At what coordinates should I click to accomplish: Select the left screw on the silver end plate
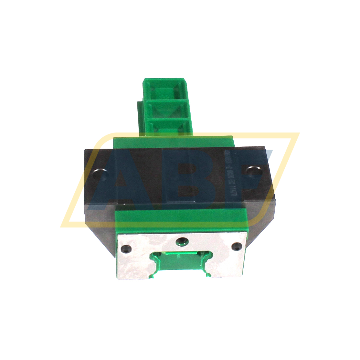pos(125,249)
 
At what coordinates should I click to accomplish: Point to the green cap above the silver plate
pos(181,220)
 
